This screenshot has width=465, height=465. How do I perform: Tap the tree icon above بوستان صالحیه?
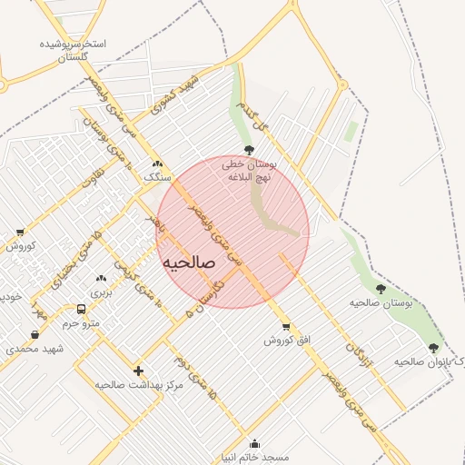pyautogui.click(x=381, y=289)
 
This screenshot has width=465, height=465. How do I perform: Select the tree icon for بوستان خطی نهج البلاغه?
pyautogui.click(x=249, y=150)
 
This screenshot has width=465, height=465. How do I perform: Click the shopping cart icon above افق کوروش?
pyautogui.click(x=286, y=327)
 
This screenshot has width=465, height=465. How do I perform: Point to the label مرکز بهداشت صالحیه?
pyautogui.click(x=139, y=384)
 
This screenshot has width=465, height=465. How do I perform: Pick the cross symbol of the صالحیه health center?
pyautogui.click(x=138, y=371)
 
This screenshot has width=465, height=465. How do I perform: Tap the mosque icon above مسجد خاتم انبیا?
pyautogui.click(x=253, y=444)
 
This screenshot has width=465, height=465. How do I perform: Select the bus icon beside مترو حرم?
pyautogui.click(x=82, y=310)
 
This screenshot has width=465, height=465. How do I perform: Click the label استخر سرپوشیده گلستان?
pyautogui.click(x=74, y=50)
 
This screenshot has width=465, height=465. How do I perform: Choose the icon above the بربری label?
pyautogui.click(x=101, y=278)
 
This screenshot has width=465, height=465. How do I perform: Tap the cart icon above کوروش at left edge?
pyautogui.click(x=20, y=232)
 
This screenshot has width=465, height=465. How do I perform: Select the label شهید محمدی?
pyautogui.click(x=35, y=349)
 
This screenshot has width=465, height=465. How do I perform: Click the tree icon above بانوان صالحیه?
pyautogui.click(x=432, y=348)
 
